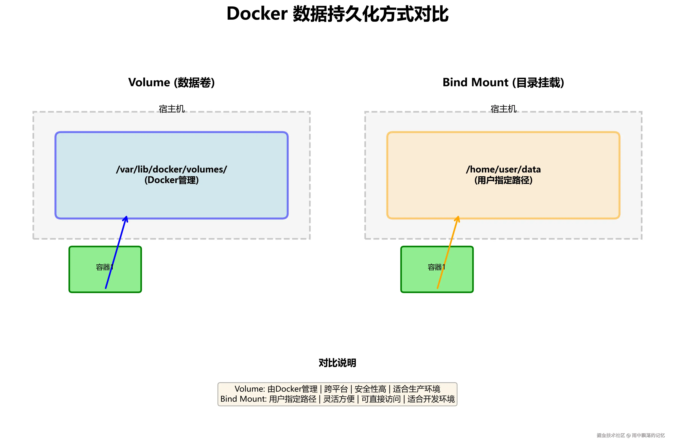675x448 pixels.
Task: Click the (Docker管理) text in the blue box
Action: pyautogui.click(x=171, y=180)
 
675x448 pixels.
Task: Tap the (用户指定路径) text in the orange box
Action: pyautogui.click(x=503, y=180)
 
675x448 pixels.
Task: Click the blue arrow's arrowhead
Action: pyautogui.click(x=126, y=219)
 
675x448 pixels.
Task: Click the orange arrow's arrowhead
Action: pyautogui.click(x=458, y=219)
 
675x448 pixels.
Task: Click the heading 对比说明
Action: pyautogui.click(x=337, y=363)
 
